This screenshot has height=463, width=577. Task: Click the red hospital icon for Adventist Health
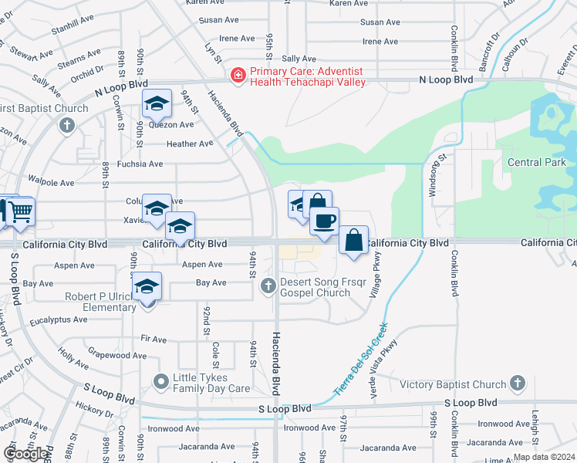(238, 75)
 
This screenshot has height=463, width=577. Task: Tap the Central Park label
(537, 162)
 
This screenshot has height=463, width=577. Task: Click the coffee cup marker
(325, 221)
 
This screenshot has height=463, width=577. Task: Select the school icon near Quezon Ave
(157, 104)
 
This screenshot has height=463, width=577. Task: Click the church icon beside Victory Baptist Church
(518, 384)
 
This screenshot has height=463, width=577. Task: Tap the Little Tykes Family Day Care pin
(161, 381)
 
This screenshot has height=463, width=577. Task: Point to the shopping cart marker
(20, 210)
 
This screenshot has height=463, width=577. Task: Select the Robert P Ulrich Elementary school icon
(146, 287)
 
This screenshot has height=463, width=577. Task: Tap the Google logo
(25, 454)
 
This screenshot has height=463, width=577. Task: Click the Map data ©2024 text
(544, 457)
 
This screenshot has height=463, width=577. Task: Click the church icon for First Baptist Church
(67, 124)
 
